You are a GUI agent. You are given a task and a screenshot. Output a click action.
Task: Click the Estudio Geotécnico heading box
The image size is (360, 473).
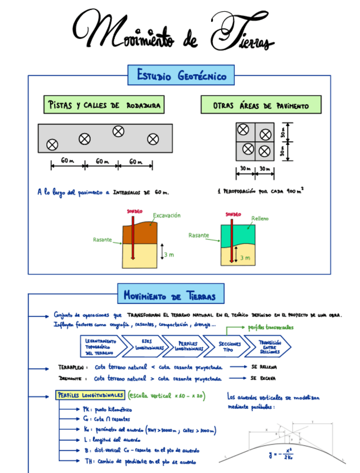click(181, 75)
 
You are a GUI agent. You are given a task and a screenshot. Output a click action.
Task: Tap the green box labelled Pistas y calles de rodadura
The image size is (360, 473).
click(104, 105)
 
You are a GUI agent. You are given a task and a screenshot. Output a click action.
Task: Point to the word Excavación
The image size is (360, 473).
click(167, 215)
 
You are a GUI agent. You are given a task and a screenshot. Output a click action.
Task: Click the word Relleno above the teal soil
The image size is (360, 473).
click(260, 218)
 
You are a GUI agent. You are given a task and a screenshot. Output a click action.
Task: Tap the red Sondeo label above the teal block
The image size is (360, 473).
click(233, 214)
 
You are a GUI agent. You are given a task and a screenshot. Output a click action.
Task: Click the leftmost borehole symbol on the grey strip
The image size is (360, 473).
click(52, 145)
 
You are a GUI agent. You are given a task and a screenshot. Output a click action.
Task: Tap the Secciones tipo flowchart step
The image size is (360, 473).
click(229, 346)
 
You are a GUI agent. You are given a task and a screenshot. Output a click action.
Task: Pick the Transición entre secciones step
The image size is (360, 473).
click(270, 346)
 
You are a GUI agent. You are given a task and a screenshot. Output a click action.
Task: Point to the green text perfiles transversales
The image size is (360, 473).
click(270, 327)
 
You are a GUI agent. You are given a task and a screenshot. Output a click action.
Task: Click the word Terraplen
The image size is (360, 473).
click(71, 368)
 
